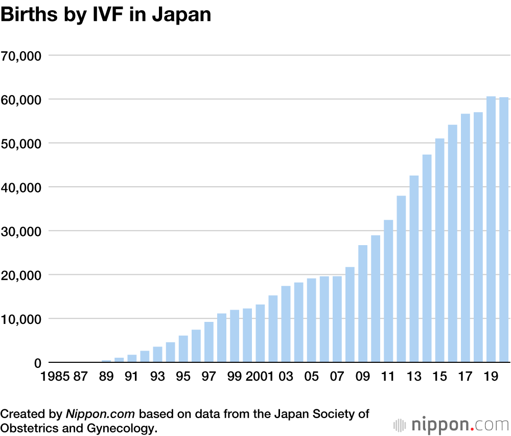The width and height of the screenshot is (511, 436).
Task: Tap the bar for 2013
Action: [414, 269]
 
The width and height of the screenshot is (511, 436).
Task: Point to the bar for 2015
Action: [439, 250]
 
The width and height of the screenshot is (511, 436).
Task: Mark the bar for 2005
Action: [312, 320]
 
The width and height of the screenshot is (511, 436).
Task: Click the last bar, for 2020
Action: [504, 230]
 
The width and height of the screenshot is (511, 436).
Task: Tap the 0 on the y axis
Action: [37, 363]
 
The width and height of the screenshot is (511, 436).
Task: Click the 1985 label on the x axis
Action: [55, 377]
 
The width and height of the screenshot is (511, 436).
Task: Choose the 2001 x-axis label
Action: [259, 377]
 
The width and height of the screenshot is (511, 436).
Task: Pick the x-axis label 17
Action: [465, 377]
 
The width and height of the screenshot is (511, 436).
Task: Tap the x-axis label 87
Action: [81, 377]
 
